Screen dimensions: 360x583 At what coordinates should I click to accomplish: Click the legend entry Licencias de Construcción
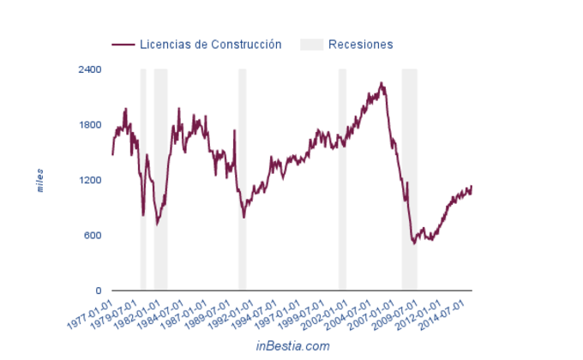point(209,45)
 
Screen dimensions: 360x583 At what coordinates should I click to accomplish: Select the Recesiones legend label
point(360,45)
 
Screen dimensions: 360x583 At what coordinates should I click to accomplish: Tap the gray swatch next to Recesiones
point(311,45)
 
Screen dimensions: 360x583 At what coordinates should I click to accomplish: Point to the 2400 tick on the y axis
point(90,69)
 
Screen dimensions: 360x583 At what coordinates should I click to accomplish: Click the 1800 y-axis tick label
point(90,125)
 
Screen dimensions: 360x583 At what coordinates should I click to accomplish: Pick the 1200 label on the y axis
point(90,180)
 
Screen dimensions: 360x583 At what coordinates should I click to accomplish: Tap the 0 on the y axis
point(99,291)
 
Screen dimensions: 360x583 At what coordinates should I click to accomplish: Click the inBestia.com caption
point(292,345)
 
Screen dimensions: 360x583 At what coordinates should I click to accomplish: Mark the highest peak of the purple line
point(382,83)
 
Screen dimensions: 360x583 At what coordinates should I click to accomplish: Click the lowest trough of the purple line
point(414,244)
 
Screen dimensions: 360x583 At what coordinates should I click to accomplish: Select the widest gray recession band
point(410,180)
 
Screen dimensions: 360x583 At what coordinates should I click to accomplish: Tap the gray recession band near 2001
point(342,180)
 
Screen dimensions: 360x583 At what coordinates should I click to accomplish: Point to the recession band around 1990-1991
point(243,180)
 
